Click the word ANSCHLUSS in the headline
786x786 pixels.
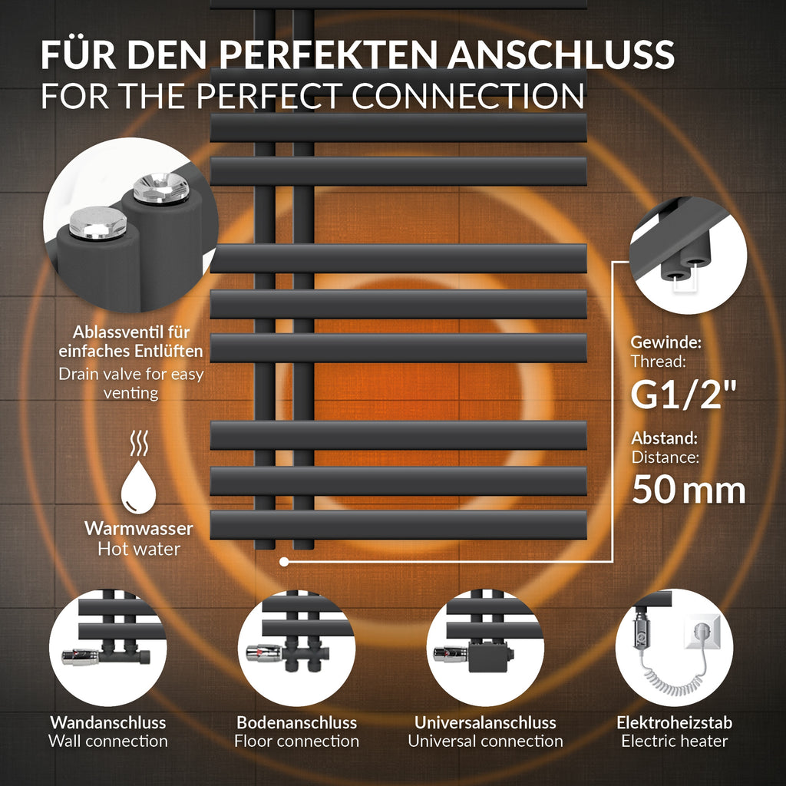click(x=561, y=54)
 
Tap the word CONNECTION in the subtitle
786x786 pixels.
click(x=468, y=95)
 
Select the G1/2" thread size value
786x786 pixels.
click(x=684, y=395)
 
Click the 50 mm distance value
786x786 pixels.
click(x=689, y=489)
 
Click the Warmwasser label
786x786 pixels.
click(x=139, y=528)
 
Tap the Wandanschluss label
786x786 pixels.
click(x=107, y=722)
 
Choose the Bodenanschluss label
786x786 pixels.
click(x=297, y=722)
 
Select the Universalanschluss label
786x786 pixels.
click(x=485, y=722)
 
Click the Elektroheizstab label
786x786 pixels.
click(x=674, y=722)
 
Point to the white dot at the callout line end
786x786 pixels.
click(x=284, y=562)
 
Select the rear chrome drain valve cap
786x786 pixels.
click(x=161, y=187)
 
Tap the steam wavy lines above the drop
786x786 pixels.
click(x=139, y=443)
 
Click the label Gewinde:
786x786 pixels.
click(x=665, y=342)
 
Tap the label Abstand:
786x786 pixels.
click(x=664, y=438)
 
